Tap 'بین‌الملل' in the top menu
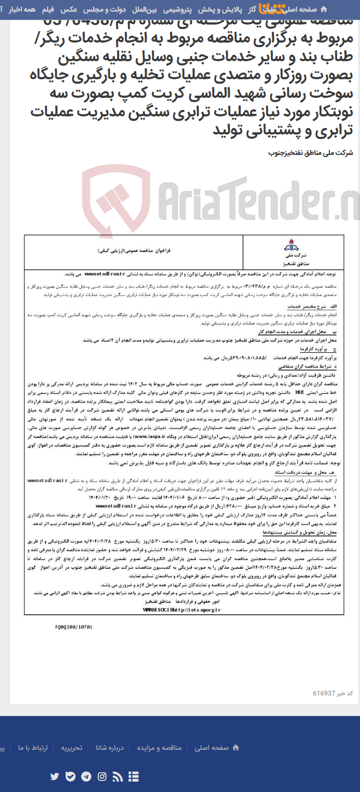(x=146, y=10)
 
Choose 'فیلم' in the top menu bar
(x=48, y=10)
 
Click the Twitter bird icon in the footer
(x=54, y=776)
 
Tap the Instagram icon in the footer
(x=102, y=776)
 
